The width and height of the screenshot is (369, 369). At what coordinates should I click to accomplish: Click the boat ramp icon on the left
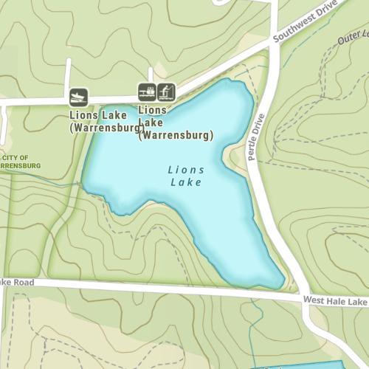79,97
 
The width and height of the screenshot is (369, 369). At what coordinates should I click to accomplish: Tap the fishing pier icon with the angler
167,92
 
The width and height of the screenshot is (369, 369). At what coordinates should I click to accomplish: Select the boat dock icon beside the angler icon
147,92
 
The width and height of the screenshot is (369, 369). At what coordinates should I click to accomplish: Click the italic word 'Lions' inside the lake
186,170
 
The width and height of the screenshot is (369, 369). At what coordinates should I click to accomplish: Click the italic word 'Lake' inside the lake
186,182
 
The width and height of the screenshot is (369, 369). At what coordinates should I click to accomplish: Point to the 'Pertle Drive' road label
256,137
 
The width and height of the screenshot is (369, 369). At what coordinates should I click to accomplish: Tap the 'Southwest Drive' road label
303,27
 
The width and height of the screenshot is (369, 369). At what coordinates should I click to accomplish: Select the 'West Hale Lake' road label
334,302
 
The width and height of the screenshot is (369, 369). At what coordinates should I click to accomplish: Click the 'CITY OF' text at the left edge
15,158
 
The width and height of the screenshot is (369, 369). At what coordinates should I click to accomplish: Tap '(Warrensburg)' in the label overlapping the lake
176,136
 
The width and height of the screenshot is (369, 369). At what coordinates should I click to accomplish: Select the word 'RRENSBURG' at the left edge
20,166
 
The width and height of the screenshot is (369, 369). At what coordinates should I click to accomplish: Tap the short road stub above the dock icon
151,76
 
